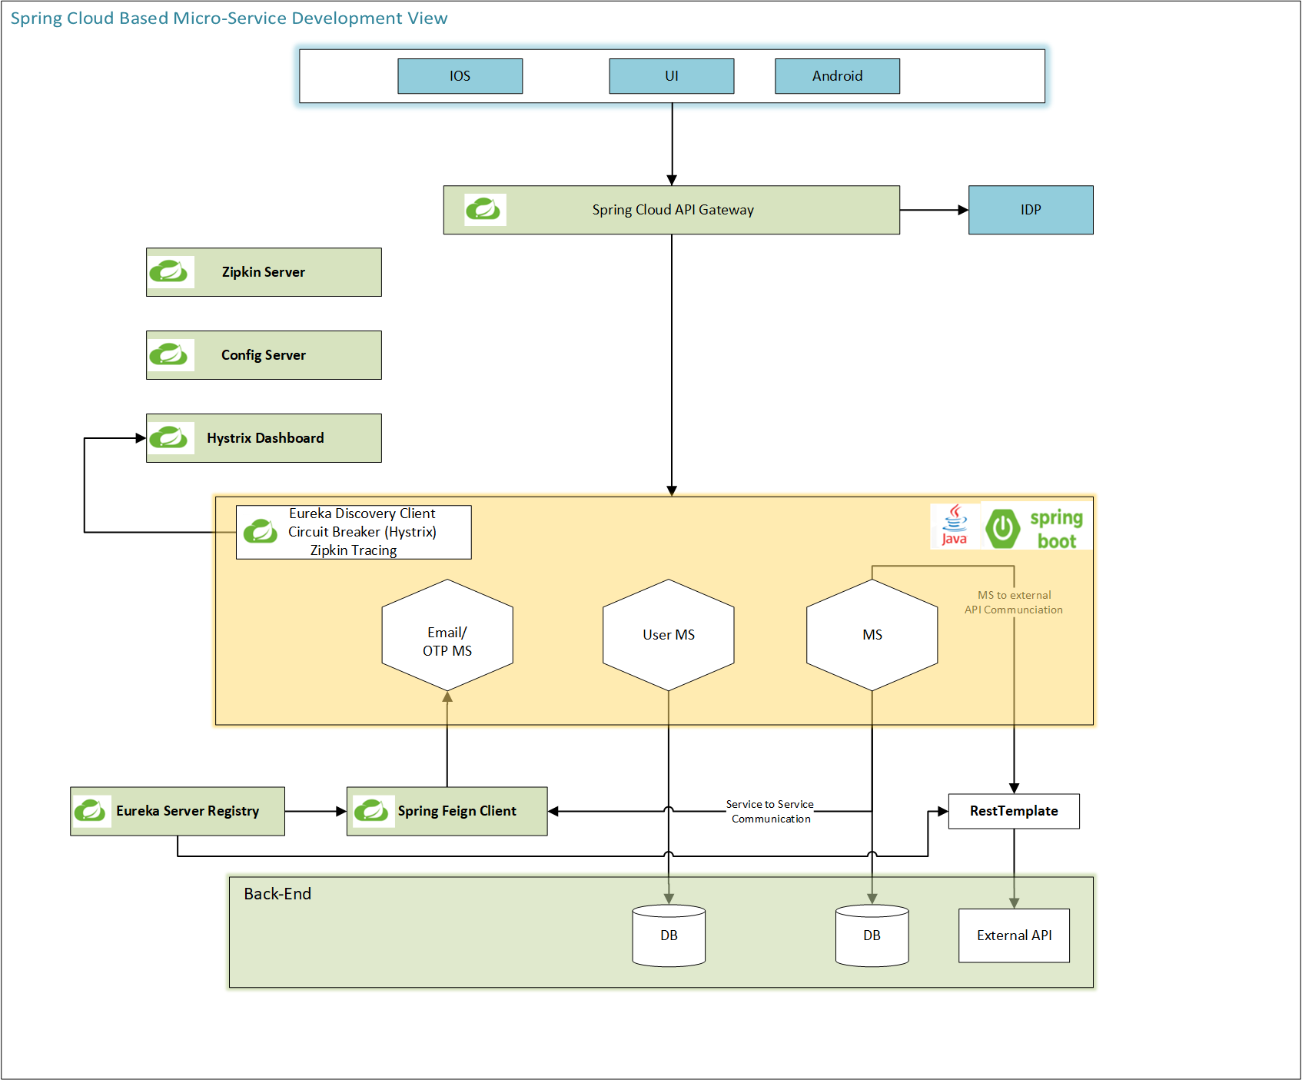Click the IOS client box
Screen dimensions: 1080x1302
click(x=460, y=76)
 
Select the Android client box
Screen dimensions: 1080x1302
click(x=837, y=76)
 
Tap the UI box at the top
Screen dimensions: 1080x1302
click(x=671, y=76)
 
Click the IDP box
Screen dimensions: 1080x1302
click(x=1030, y=210)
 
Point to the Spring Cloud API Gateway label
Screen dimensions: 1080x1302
click(x=673, y=210)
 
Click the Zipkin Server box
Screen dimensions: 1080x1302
click(x=264, y=272)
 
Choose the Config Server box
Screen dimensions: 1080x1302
click(x=264, y=355)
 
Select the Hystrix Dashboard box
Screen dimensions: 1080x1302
click(x=264, y=438)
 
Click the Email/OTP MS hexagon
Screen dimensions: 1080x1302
click(x=447, y=636)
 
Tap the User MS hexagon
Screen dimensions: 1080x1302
click(x=668, y=635)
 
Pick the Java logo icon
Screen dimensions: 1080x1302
click(x=955, y=525)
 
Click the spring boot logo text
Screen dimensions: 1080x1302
click(x=1056, y=529)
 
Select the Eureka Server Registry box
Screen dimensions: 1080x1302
click(x=178, y=811)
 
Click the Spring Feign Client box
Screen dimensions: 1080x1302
click(x=447, y=811)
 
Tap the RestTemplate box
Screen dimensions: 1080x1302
click(x=1013, y=811)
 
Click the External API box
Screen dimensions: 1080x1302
click(x=1013, y=935)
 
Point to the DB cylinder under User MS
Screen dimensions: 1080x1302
click(x=668, y=935)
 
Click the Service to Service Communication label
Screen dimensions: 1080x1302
click(x=770, y=812)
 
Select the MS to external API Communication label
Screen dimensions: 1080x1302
click(x=1014, y=603)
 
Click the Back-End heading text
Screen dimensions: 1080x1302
click(x=277, y=894)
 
